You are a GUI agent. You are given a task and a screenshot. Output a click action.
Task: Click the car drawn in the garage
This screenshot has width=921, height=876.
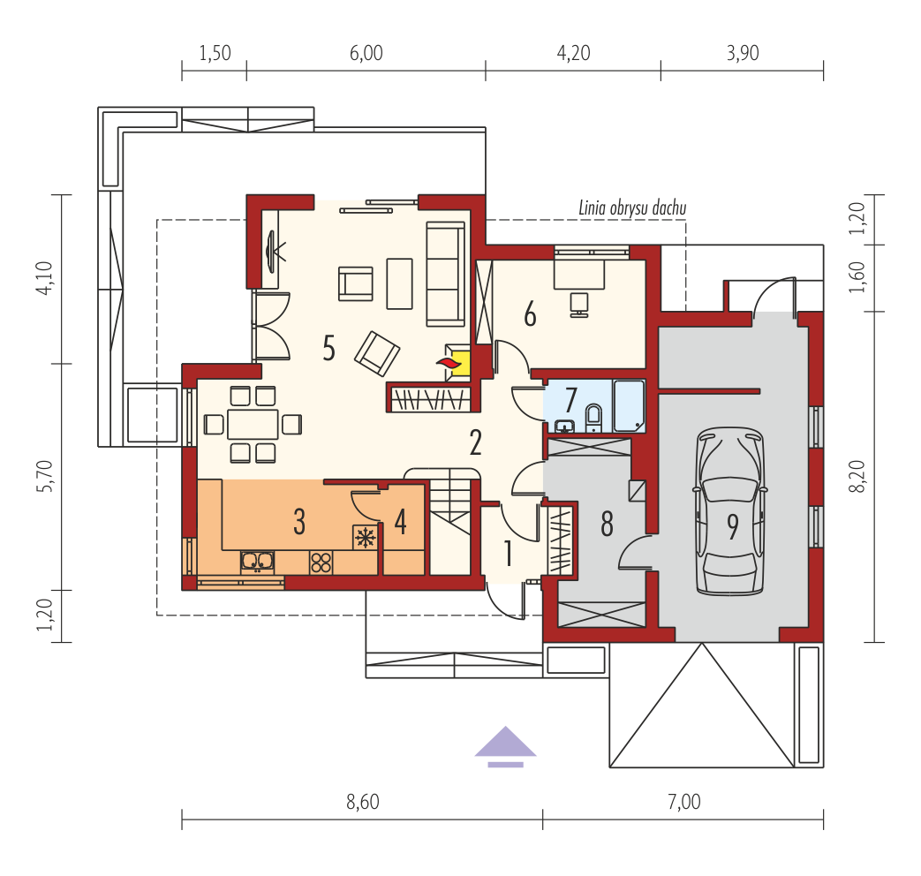(729, 511)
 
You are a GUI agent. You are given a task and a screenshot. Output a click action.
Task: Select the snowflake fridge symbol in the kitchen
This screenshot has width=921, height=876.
(365, 537)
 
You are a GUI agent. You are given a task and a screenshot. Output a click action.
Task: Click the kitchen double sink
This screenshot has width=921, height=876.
(257, 562)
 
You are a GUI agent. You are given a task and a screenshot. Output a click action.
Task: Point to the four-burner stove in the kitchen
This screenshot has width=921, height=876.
(321, 563)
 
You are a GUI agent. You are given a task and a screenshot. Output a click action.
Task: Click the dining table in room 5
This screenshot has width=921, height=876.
(253, 424)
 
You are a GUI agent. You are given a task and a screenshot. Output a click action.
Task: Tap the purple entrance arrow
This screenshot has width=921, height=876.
(505, 746)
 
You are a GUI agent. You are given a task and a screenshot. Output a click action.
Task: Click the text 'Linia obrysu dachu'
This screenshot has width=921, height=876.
(632, 208)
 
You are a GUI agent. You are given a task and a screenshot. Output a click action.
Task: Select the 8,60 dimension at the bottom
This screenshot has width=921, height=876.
(362, 802)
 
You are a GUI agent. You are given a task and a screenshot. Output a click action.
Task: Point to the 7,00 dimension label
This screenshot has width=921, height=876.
(684, 802)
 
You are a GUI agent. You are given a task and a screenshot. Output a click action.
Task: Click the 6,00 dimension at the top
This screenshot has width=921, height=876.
(366, 54)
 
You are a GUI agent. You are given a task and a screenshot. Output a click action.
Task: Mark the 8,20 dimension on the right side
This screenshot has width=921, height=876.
(858, 477)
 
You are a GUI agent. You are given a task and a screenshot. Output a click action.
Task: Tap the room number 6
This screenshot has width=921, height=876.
(530, 314)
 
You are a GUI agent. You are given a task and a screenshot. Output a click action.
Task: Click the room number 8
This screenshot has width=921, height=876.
(607, 524)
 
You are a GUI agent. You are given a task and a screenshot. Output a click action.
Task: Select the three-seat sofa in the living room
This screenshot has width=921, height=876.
(445, 274)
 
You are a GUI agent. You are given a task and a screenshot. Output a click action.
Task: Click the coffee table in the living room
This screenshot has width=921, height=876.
(399, 283)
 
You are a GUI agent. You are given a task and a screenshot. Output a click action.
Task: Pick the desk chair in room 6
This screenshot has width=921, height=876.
(579, 305)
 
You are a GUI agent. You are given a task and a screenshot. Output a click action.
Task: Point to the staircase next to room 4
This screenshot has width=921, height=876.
(450, 523)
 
